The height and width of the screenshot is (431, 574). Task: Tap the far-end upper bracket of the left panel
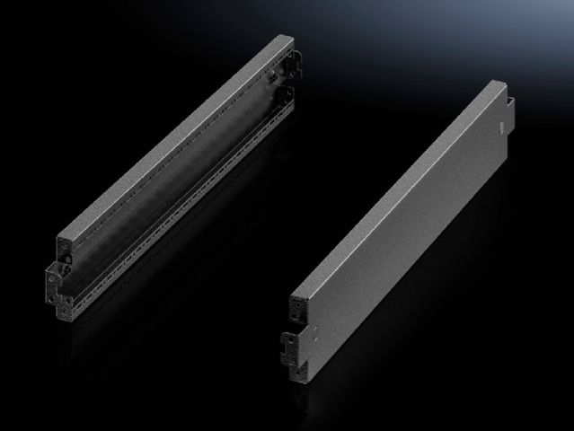pyautogui.click(x=286, y=64)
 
